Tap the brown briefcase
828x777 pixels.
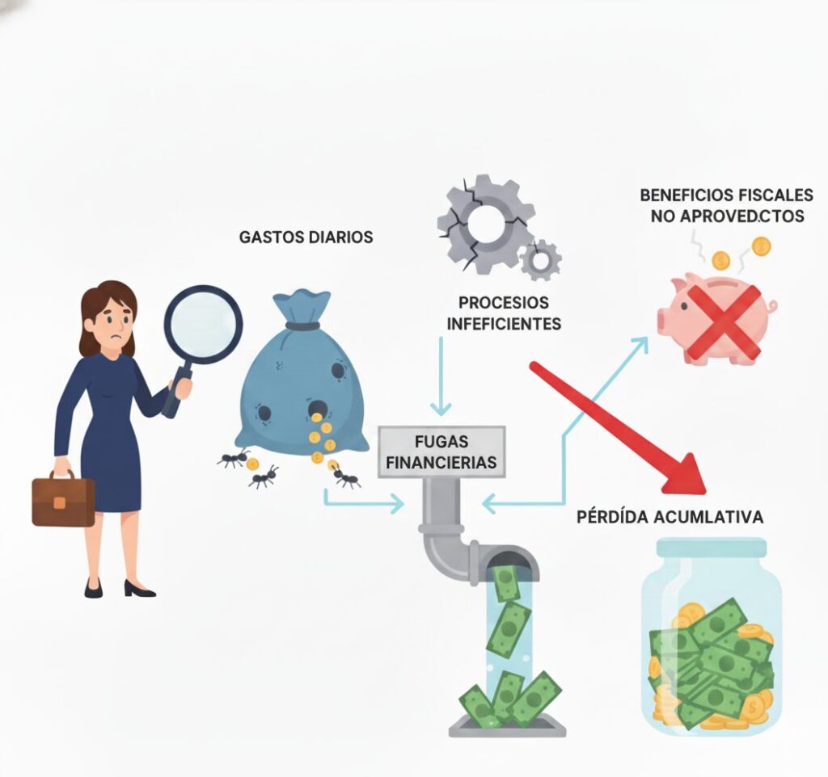click(63, 499)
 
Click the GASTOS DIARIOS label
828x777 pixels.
click(306, 237)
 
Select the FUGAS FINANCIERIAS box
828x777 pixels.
click(441, 452)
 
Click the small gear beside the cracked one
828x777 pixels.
click(540, 260)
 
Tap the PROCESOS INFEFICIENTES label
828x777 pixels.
click(503, 313)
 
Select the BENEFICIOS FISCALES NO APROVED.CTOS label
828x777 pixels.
click(726, 207)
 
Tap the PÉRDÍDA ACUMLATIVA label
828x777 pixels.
click(670, 517)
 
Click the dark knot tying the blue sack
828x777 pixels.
click(302, 326)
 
